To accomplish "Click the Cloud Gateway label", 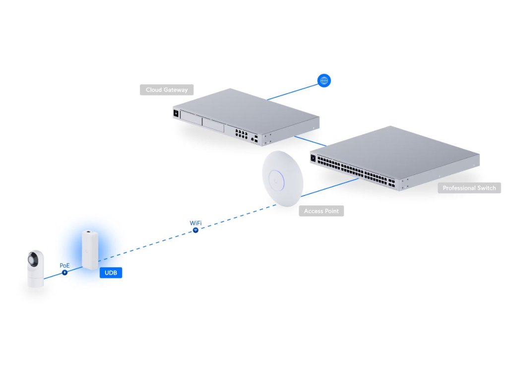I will pyautogui.click(x=166, y=90).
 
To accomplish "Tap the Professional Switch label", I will pyautogui.click(x=469, y=188).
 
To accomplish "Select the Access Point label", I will pyautogui.click(x=321, y=211).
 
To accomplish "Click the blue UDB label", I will pyautogui.click(x=111, y=273).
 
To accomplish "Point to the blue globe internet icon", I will pyautogui.click(x=324, y=80).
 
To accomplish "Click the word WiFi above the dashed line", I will pyautogui.click(x=196, y=223).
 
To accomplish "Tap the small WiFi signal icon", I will pyautogui.click(x=196, y=230).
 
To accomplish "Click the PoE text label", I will pyautogui.click(x=64, y=265).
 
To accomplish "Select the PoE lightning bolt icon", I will pyautogui.click(x=64, y=272).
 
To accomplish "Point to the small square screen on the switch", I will pyautogui.click(x=313, y=159).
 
